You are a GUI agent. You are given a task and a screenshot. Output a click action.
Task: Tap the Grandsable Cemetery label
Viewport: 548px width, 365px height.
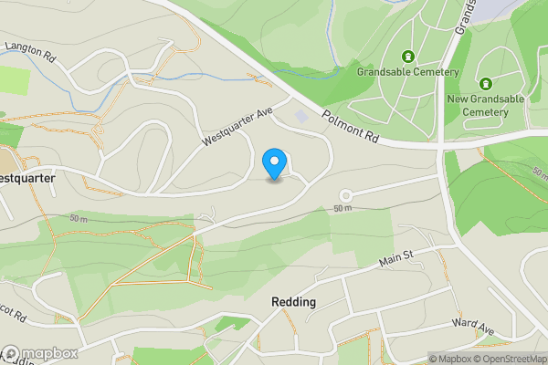407,71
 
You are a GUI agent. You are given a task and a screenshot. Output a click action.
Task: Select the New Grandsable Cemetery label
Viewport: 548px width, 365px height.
484,105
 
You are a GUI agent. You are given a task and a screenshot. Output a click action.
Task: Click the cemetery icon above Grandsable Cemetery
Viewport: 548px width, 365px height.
407,54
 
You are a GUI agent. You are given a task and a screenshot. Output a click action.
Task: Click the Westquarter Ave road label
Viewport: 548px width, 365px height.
237,127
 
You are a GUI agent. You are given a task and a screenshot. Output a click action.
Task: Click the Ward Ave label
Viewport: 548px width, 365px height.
472,326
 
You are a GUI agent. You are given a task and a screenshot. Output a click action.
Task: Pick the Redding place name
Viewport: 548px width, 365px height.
293,302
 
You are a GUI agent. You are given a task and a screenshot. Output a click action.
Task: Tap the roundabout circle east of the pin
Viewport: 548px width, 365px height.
346,195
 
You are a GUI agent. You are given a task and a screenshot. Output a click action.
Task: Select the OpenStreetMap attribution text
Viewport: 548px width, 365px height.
508,359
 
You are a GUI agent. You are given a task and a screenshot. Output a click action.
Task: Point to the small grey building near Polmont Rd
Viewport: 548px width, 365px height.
302,117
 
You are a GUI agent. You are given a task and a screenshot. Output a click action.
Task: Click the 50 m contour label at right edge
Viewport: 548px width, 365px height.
540,172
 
